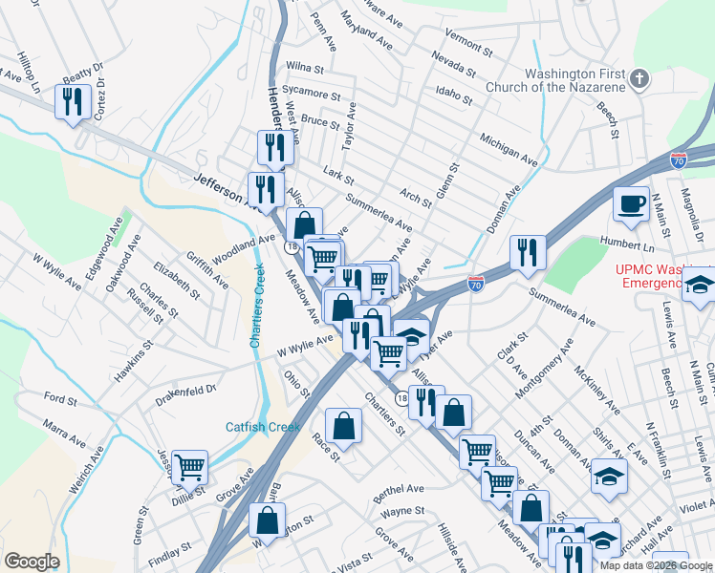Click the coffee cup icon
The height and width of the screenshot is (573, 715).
click(631, 203)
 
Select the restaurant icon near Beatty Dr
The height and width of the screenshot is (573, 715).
click(73, 100)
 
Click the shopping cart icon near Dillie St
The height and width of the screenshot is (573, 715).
click(190, 466)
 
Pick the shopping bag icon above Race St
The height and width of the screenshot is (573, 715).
click(343, 425)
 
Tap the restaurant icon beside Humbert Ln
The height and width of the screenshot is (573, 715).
click(527, 252)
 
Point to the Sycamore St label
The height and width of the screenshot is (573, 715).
click(312, 95)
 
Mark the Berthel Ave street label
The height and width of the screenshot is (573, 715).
click(399, 489)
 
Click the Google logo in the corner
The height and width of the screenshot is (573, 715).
click(32, 562)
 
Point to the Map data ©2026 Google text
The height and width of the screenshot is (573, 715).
click(655, 565)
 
